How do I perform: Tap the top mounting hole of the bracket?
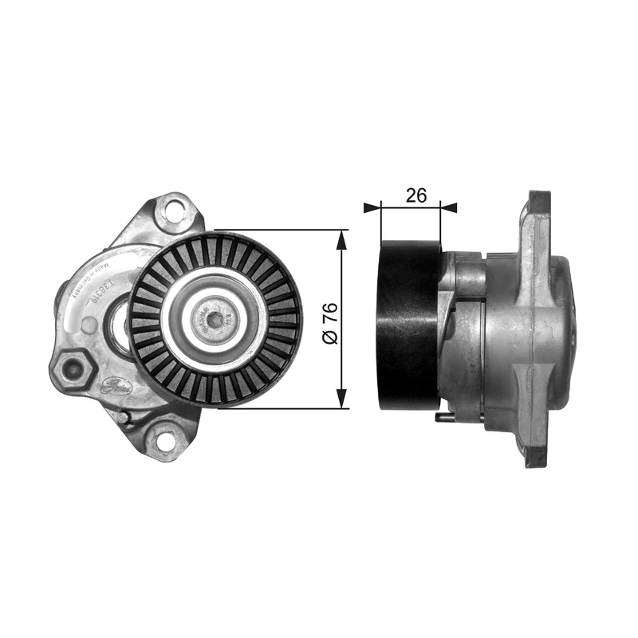(x=171, y=211)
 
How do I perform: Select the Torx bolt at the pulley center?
(x=215, y=320)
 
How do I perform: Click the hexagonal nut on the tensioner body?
(x=74, y=368)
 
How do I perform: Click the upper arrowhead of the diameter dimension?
(x=342, y=238)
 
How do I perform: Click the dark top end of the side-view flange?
(x=540, y=200)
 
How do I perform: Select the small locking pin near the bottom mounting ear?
(x=124, y=415)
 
